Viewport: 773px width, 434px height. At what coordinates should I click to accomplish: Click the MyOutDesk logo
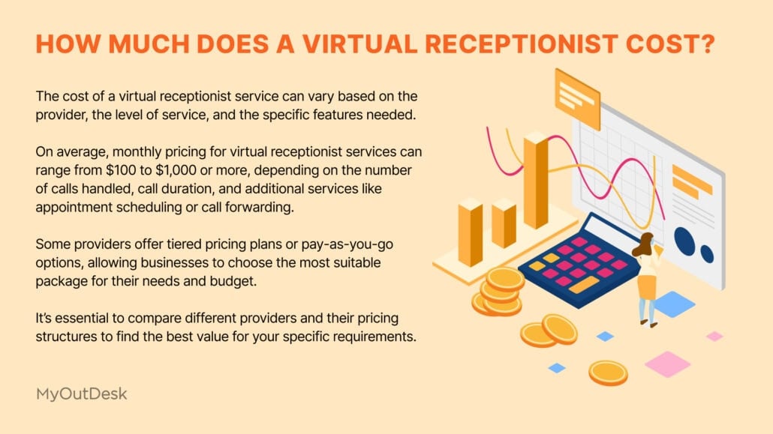click(x=82, y=393)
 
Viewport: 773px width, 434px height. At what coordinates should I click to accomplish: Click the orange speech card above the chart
click(x=576, y=97)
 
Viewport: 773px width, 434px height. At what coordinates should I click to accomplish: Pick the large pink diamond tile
click(x=667, y=364)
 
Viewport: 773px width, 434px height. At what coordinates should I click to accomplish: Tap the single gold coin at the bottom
click(x=607, y=372)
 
